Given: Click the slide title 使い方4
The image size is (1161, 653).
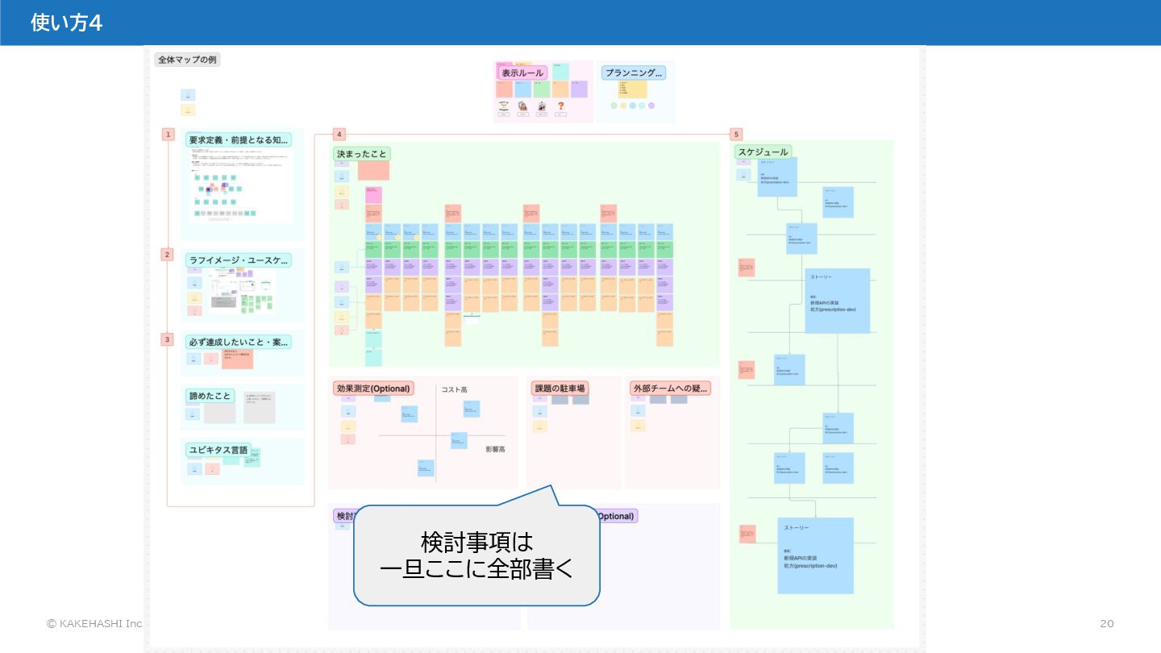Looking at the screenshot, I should (66, 23).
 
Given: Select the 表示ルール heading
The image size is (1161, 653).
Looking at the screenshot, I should (522, 73).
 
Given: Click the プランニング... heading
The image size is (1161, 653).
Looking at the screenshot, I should (634, 73).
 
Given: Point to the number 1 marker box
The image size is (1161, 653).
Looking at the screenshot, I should (169, 135).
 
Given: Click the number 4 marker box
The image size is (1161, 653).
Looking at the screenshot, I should (339, 135).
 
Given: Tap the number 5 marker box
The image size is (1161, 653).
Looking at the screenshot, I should (736, 135).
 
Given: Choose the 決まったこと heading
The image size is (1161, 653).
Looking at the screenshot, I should (362, 153).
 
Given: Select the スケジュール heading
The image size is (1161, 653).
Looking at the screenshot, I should (763, 152).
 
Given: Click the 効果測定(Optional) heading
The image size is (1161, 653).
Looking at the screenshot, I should (373, 389).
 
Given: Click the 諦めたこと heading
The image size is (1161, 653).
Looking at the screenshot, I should (210, 396).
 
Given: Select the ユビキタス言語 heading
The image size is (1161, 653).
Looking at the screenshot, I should (218, 450).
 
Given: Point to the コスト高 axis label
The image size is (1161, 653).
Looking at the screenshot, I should (454, 389).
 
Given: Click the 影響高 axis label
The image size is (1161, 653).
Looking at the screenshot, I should (495, 449).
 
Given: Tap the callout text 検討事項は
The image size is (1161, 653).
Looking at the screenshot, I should (476, 541).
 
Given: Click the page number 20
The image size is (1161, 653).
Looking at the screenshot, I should (1106, 623).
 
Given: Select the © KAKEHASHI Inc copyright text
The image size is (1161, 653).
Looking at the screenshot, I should (94, 623).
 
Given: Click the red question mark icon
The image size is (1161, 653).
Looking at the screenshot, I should (561, 106).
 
